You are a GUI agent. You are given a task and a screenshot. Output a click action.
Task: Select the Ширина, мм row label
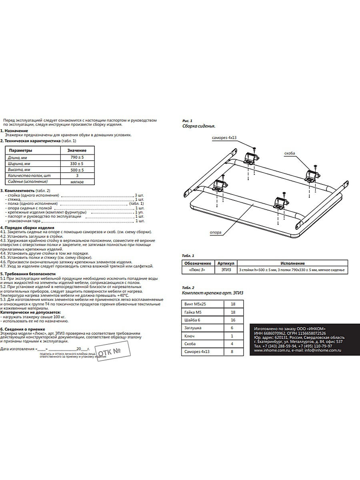click(x=19, y=164)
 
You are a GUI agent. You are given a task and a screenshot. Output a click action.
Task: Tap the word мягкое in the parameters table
click(x=76, y=182)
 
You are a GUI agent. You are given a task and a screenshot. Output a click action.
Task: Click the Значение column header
click(x=76, y=150)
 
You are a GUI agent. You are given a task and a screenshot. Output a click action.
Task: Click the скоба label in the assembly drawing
click(x=290, y=153)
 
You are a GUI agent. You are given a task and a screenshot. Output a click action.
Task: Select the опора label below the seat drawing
click(x=215, y=232)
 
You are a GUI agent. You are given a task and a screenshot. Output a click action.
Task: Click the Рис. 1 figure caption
click(x=187, y=120)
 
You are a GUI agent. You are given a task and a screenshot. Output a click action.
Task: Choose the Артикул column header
click(x=227, y=264)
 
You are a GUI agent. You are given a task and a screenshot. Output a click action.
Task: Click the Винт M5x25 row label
click(x=195, y=304)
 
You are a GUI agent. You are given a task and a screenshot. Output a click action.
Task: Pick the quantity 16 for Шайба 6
click(x=233, y=320)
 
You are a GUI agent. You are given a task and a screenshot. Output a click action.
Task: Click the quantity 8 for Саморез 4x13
click(x=233, y=352)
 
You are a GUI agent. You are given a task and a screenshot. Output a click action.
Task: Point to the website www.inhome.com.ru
click(x=273, y=350)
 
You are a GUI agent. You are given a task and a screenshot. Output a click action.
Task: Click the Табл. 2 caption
click(x=188, y=288)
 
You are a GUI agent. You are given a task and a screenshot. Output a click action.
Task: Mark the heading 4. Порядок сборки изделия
click(x=27, y=228)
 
